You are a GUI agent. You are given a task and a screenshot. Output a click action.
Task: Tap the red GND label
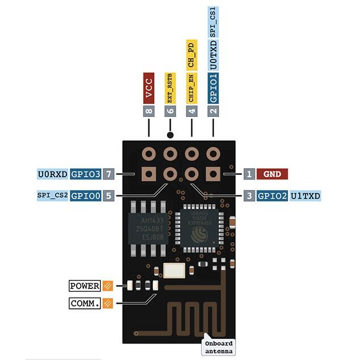click(273, 174)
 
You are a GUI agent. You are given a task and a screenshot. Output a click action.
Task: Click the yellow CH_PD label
click(191, 55)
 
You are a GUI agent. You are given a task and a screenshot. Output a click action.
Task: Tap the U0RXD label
click(53, 174)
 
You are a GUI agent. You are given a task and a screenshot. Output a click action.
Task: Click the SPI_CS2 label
click(53, 196)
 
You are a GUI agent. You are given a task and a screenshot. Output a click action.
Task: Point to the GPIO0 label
click(86, 196)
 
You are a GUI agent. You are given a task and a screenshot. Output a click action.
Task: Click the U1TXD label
click(305, 196)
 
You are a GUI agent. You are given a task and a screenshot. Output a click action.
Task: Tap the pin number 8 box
click(149, 111)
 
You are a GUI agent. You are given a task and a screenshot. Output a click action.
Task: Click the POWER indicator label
click(85, 286)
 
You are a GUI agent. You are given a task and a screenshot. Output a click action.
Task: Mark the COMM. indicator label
click(85, 303)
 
